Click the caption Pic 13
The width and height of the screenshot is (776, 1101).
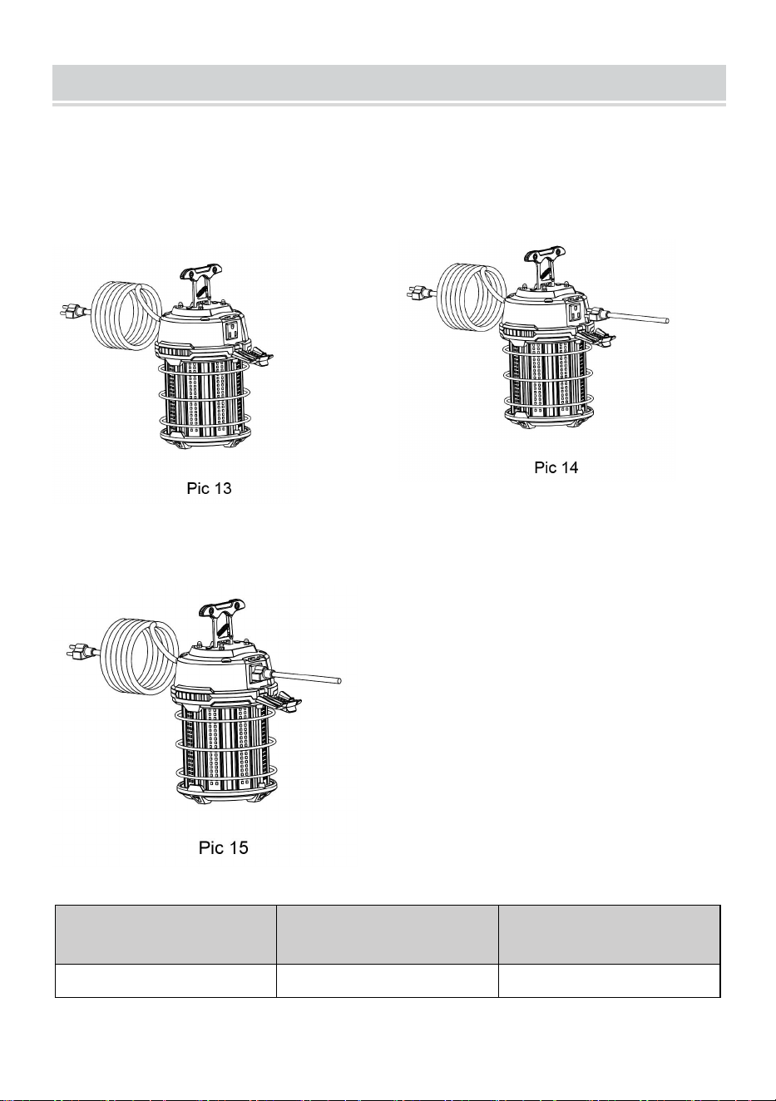[x=209, y=488]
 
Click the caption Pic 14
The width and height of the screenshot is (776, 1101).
[x=556, y=467]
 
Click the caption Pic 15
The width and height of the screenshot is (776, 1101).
[x=223, y=848]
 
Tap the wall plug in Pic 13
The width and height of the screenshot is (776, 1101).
[x=74, y=311]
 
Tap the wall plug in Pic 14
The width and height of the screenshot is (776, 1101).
[x=422, y=294]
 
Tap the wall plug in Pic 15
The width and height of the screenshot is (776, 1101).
[x=82, y=653]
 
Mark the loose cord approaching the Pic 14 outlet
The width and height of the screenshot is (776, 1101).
[x=630, y=316]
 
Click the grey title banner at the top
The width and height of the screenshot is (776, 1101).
[x=389, y=82]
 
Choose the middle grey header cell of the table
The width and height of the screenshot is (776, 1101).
[x=387, y=935]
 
